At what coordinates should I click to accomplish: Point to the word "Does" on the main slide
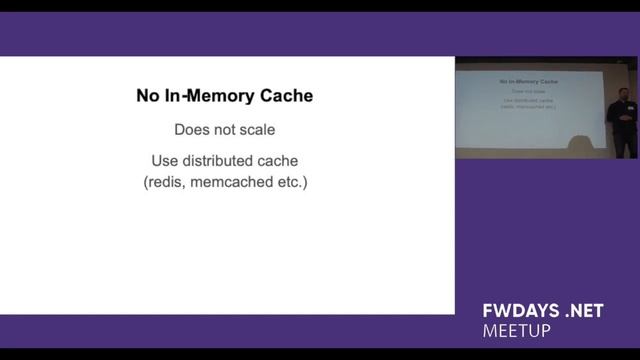pos(192,129)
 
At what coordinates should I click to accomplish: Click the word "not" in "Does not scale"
pos(225,129)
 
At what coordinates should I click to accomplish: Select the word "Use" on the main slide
pos(165,161)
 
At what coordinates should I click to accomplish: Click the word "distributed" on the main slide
pos(218,161)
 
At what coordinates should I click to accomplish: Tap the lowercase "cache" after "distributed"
pos(279,161)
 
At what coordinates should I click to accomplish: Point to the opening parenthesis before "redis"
pos(146,183)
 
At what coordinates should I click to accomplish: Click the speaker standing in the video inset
pos(621,125)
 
